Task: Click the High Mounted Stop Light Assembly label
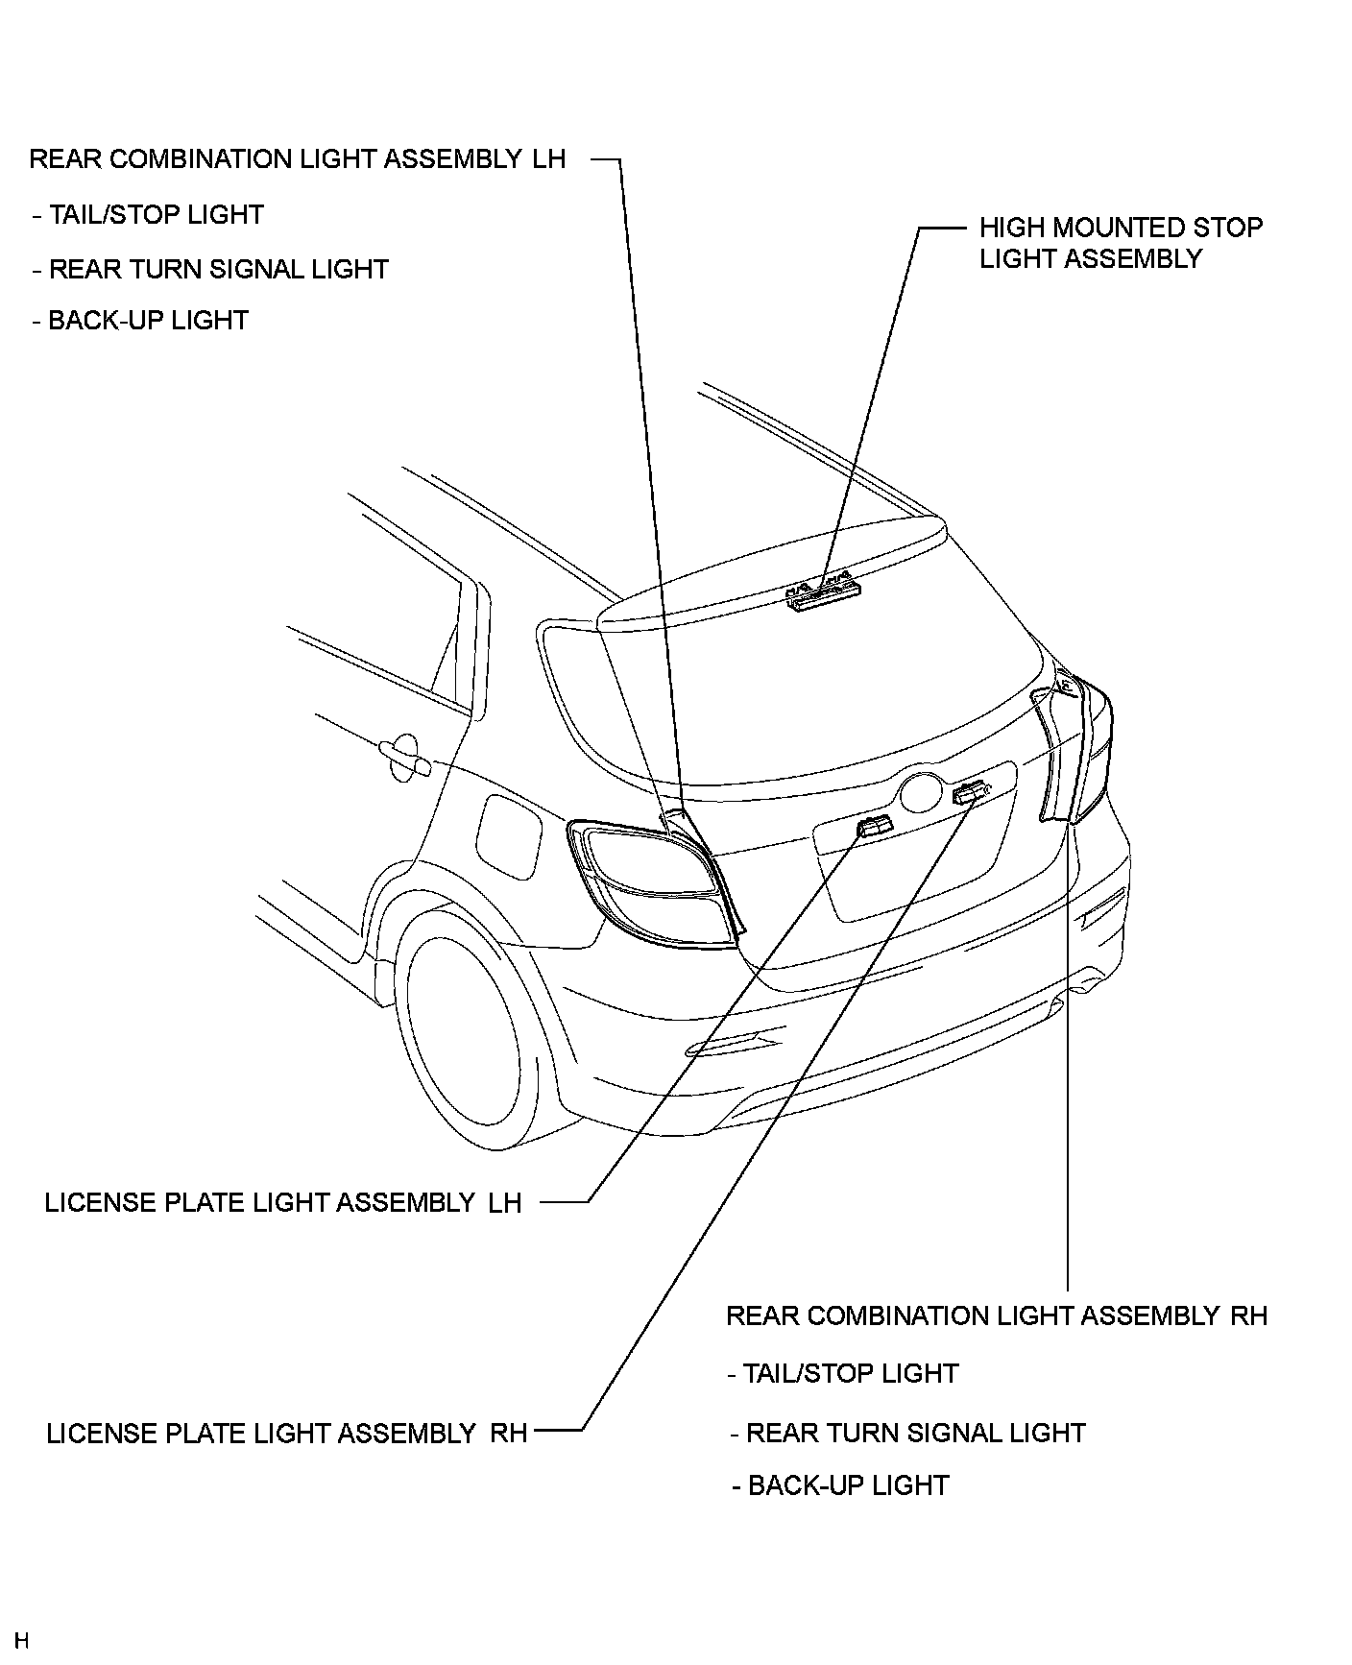(x=1120, y=243)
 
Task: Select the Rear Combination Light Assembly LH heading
(x=298, y=159)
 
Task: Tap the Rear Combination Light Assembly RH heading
(x=997, y=1315)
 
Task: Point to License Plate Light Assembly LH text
(x=283, y=1202)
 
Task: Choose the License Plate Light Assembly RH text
(x=287, y=1434)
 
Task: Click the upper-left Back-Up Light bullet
(x=140, y=321)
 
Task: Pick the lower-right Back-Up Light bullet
(x=840, y=1485)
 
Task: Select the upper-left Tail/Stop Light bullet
(x=148, y=215)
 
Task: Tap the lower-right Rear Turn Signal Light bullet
(x=908, y=1434)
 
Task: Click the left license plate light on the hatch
(x=874, y=826)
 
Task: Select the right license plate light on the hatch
(x=970, y=793)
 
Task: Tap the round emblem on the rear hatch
(x=921, y=792)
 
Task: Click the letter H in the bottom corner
(x=22, y=1640)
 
